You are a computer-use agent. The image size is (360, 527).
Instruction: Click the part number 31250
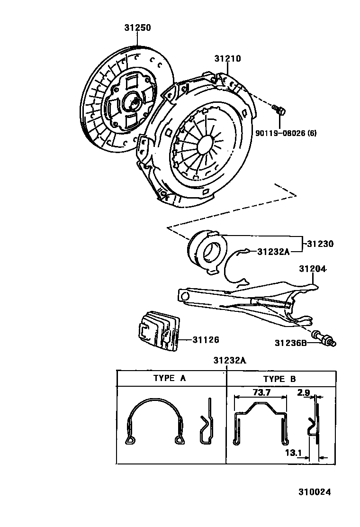[x=137, y=28]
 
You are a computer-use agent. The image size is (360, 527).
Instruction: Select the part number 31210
[x=227, y=59]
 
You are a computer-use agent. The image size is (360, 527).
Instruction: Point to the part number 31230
[x=320, y=244]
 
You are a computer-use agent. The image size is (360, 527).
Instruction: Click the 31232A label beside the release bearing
[x=273, y=251]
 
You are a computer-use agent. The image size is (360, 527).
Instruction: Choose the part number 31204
[x=313, y=269]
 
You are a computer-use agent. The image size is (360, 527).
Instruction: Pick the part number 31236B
[x=291, y=342]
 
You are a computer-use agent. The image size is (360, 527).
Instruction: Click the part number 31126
[x=206, y=339]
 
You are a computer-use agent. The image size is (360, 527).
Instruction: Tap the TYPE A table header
[x=170, y=379]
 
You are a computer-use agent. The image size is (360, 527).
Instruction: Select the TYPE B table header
[x=279, y=379]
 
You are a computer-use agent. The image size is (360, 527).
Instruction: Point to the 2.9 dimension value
[x=304, y=393]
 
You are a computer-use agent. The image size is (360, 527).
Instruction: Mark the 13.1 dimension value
[x=294, y=453]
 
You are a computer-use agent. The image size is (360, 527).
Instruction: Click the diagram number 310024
[x=314, y=491]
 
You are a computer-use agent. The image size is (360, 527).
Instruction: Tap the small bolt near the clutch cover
[x=279, y=110]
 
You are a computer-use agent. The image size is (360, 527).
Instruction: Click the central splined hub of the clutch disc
[x=132, y=101]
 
